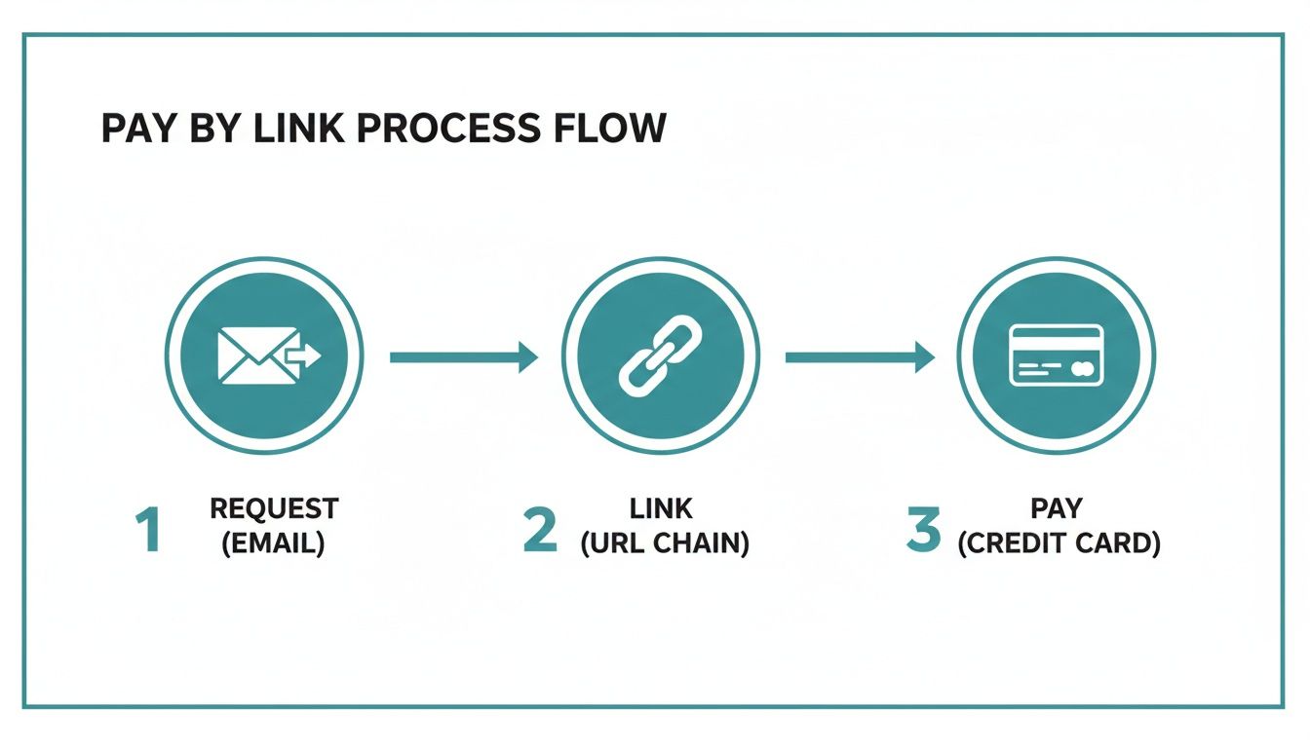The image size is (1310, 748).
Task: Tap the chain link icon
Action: (x=660, y=356)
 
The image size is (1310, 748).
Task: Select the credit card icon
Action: (x=1056, y=356)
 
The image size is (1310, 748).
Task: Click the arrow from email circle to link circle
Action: (x=463, y=357)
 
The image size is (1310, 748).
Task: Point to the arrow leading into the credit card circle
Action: (x=859, y=357)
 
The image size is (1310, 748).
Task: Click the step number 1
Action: (x=148, y=532)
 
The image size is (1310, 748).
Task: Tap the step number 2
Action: (x=540, y=532)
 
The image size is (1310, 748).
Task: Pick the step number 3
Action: (x=924, y=532)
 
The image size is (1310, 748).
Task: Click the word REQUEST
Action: (x=274, y=509)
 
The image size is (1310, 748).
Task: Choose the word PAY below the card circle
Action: (x=1058, y=509)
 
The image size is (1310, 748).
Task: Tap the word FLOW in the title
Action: (x=614, y=129)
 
